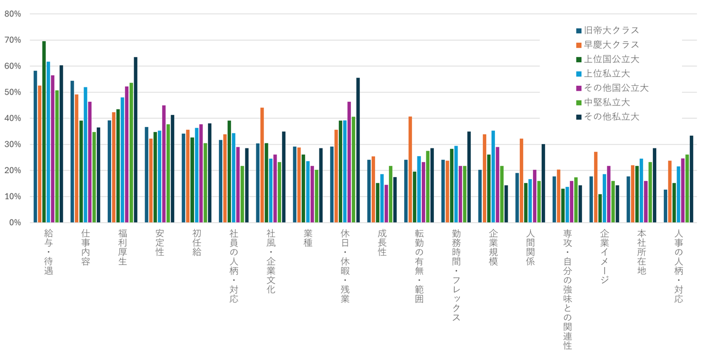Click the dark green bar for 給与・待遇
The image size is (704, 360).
click(44, 132)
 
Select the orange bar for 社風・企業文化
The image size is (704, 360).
click(262, 165)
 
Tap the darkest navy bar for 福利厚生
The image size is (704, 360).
click(136, 140)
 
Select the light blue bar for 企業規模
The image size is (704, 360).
click(493, 176)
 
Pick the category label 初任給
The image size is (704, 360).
click(196, 242)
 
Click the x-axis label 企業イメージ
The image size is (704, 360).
click(604, 256)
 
